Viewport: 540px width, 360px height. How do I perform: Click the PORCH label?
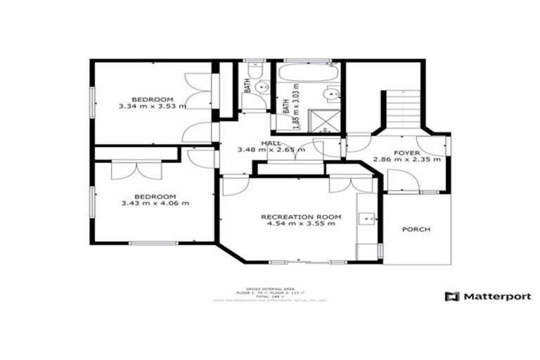(416, 230)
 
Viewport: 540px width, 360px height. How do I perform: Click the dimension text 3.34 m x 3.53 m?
(152, 107)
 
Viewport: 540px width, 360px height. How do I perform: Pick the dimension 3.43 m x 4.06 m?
(154, 204)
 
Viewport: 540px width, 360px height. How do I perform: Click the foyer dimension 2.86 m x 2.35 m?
(406, 160)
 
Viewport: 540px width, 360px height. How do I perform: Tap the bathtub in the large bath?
(309, 72)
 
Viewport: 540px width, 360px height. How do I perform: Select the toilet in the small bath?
(255, 70)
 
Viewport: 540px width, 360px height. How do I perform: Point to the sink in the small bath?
(261, 87)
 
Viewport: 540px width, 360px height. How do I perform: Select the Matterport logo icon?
(452, 297)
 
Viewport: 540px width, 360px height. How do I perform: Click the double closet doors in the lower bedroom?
(136, 170)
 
